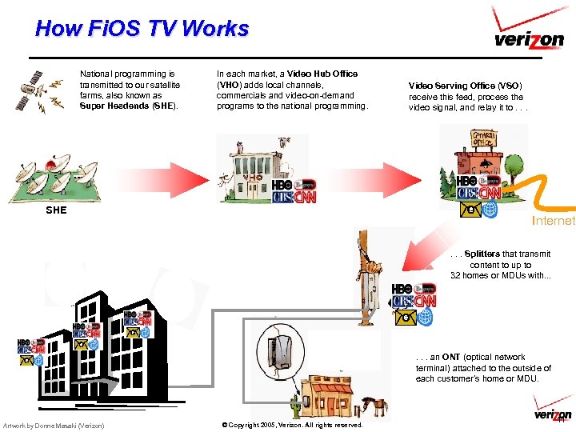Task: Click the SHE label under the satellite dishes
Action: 56,211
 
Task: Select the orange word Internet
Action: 553,220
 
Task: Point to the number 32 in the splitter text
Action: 456,275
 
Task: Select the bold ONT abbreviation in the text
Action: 453,358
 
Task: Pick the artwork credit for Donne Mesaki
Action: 54,425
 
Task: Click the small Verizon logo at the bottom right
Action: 552,414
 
